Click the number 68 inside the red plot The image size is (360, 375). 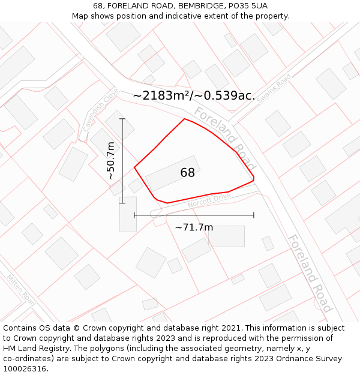click(187, 173)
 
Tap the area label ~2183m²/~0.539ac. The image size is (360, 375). click(194, 95)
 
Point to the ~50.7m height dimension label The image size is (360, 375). click(110, 161)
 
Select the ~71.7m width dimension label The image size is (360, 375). click(194, 227)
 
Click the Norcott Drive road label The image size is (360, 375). click(209, 200)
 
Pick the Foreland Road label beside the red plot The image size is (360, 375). click(225, 138)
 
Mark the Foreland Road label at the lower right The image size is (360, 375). click(309, 273)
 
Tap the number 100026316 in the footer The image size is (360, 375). click(25, 368)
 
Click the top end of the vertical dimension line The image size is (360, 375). click(122, 119)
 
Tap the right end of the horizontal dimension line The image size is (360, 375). click(254, 215)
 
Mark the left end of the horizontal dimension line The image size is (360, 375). click(134, 215)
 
